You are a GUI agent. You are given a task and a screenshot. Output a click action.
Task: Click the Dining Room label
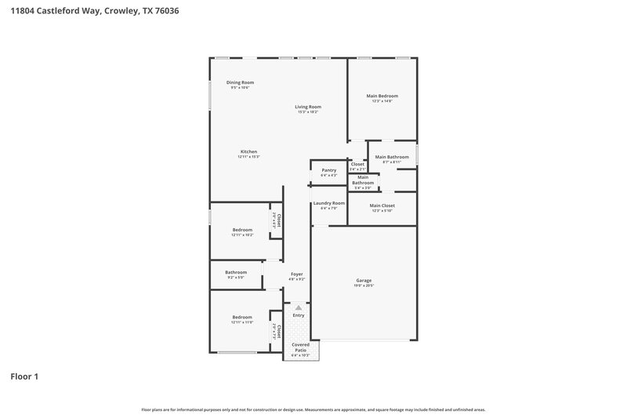[x=240, y=82]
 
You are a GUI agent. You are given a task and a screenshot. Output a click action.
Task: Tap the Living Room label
[x=308, y=107]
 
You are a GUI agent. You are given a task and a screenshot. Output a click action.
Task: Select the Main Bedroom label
[x=382, y=96]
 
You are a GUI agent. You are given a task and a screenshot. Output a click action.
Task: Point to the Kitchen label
[x=248, y=151]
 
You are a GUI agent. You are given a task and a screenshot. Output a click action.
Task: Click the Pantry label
[x=328, y=170]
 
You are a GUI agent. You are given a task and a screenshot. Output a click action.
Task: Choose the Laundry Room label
[x=328, y=203]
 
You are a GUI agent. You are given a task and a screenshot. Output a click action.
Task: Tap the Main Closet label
[x=382, y=205]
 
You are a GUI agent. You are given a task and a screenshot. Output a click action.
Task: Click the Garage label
[x=364, y=280]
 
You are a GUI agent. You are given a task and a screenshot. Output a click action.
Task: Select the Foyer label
[x=296, y=274]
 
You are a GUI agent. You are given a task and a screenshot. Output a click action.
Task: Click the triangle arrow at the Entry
[x=298, y=308]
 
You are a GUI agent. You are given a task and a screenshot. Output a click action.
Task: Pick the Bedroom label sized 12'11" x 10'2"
[x=241, y=230]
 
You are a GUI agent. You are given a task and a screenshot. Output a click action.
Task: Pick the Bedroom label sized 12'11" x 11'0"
[x=241, y=317]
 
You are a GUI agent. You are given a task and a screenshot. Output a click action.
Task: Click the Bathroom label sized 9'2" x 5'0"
[x=236, y=272]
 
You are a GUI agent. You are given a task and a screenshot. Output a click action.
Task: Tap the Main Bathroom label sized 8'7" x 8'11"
[x=392, y=157]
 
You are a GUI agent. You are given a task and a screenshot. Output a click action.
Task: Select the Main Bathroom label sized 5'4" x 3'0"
[x=363, y=180]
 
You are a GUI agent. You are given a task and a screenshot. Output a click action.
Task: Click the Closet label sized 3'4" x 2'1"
[x=357, y=164]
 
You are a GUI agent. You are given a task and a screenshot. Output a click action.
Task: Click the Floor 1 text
[x=24, y=376]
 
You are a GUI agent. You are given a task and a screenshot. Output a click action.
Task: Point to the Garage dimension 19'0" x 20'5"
[x=364, y=285]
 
